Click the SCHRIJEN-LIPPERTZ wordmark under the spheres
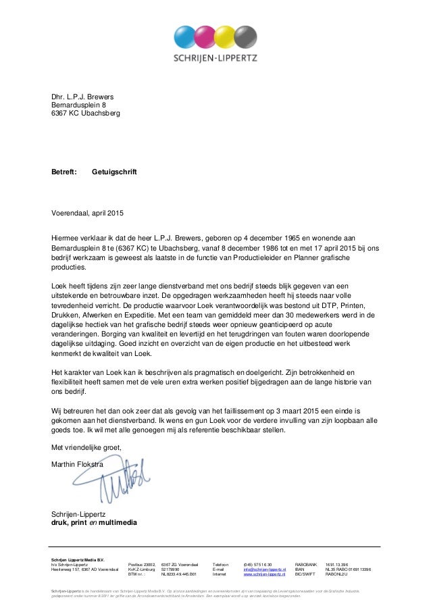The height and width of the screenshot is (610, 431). pos(215,59)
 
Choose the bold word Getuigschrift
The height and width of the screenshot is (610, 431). pos(114,173)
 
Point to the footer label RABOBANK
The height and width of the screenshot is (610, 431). pos(306,563)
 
